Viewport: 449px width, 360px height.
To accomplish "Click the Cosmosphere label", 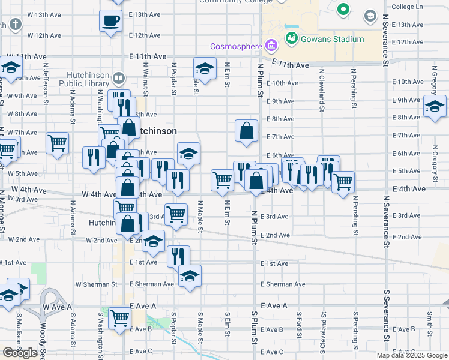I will pos(235,47).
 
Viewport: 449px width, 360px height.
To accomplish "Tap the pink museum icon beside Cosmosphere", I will pos(270,45).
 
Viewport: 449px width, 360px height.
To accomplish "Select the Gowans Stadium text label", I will pos(333,39).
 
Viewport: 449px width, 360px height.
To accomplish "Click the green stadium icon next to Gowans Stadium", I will pos(292,38).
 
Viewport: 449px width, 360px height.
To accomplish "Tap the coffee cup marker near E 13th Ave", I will pos(110,22).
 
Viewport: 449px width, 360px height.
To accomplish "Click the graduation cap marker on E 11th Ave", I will pos(205,68).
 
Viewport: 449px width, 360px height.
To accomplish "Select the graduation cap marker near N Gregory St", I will pos(435,106).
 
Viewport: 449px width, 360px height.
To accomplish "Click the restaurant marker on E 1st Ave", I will pos(178,256).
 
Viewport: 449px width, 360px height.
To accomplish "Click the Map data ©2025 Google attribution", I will pos(412,355).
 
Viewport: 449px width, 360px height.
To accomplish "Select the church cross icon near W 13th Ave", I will pos(15,25).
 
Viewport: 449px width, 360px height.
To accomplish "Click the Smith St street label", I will pos(430,323).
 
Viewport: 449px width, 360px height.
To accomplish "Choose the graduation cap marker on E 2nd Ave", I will pos(154,242).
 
